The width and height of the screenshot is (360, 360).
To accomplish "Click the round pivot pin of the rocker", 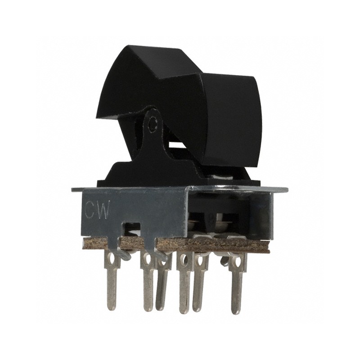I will [154, 122].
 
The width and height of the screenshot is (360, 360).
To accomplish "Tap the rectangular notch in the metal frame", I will [131, 226].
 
